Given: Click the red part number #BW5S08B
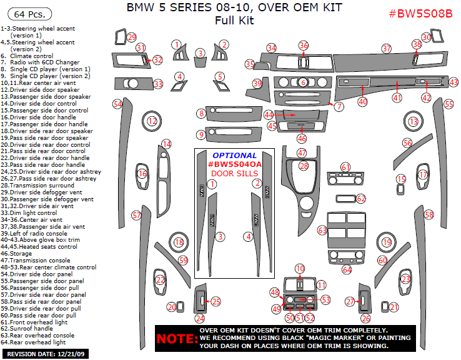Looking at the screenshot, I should click(420, 14).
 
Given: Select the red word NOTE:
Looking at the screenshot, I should click(176, 338).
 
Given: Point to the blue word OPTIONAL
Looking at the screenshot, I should click(234, 155).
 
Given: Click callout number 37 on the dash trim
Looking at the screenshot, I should click(387, 48).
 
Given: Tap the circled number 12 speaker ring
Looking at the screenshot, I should click(152, 121).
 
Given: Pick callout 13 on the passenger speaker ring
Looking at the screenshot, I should click(413, 121).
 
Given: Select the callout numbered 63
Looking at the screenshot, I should click(322, 231).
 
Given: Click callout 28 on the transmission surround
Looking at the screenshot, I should click(304, 166).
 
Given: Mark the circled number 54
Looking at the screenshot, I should click(117, 103).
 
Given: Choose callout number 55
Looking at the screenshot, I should click(449, 104).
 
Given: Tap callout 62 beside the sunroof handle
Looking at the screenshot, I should click(360, 198).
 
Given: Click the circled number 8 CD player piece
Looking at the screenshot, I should click(201, 113).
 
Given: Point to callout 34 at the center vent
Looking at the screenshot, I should click(271, 48).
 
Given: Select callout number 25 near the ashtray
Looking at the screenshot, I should click(216, 302).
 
